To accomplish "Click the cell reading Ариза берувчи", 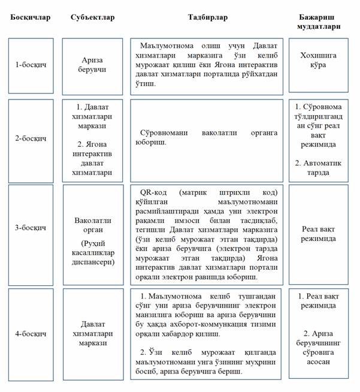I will click(x=93, y=65).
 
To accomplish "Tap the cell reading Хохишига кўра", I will click(x=319, y=60).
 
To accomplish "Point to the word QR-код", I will click(x=152, y=192).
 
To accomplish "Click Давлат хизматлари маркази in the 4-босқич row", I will click(x=93, y=333).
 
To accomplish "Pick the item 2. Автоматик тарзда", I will click(x=319, y=168).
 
